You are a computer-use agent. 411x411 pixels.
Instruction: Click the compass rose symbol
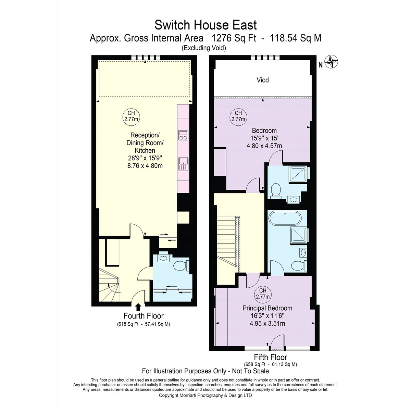click(331, 62)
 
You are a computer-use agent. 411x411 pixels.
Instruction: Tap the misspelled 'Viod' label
click(263, 80)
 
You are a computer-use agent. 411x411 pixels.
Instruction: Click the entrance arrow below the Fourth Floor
click(138, 307)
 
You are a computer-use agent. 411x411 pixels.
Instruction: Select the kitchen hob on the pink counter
click(183, 135)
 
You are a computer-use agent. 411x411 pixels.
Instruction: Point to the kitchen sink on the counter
click(183, 164)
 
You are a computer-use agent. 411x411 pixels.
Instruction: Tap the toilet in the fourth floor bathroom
click(181, 266)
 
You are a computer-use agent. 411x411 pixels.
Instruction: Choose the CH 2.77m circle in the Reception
click(131, 116)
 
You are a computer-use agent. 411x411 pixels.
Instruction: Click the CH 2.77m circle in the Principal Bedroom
click(263, 294)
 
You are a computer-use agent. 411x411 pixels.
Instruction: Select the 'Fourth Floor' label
click(144, 316)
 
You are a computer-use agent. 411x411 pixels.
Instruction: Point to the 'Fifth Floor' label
click(271, 357)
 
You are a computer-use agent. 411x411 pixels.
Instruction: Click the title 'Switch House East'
click(206, 25)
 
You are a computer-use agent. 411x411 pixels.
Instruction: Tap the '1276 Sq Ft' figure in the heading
click(234, 38)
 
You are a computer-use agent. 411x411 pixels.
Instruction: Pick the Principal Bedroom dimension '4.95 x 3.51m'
click(267, 324)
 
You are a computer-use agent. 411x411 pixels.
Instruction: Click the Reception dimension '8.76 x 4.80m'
click(145, 166)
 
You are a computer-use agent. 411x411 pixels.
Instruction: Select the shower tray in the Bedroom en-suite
click(298, 174)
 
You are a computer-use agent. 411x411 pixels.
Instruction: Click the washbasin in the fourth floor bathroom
click(163, 258)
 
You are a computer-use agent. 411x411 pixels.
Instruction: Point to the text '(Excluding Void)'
click(204, 48)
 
